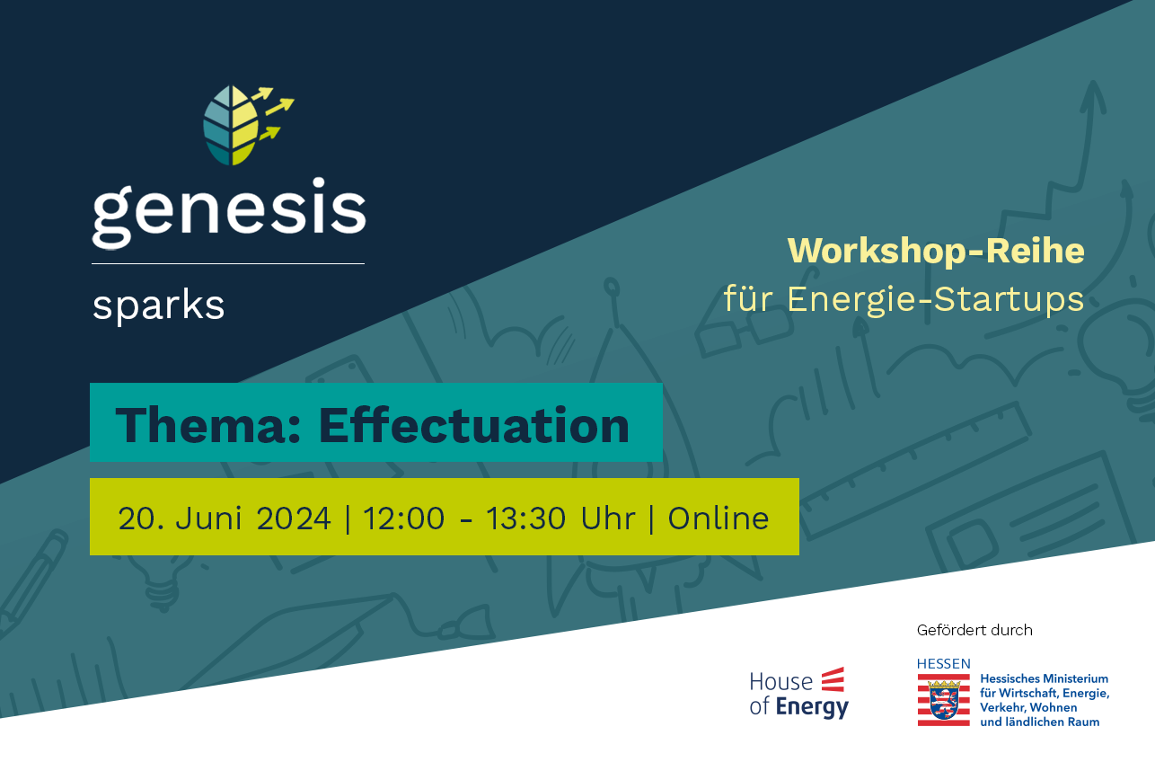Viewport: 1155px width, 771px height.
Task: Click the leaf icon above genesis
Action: [x=231, y=126]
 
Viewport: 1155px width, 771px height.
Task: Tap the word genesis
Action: [x=229, y=213]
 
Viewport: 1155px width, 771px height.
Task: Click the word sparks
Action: [x=158, y=306]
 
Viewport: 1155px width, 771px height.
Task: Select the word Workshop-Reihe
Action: [x=936, y=251]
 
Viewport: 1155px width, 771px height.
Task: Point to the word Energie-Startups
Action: [x=935, y=299]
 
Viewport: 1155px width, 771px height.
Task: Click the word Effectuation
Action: [x=474, y=425]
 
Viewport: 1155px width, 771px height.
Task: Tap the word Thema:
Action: [x=207, y=425]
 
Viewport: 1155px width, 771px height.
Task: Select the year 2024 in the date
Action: [x=294, y=518]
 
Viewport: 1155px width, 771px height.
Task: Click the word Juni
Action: [x=208, y=518]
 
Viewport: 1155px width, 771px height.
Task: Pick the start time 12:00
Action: [x=404, y=518]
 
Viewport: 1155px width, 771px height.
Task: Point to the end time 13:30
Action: [x=525, y=518]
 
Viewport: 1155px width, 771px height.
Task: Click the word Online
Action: [x=719, y=518]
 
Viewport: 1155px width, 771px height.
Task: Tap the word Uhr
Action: [x=608, y=518]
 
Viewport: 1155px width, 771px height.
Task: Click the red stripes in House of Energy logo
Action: [x=833, y=679]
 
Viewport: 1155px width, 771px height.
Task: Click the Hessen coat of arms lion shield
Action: [x=944, y=700]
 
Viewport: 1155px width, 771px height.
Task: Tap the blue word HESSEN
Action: [x=944, y=664]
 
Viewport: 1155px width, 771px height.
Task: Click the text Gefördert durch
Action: [x=974, y=630]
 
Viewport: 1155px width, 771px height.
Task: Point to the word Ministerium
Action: [x=1075, y=678]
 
